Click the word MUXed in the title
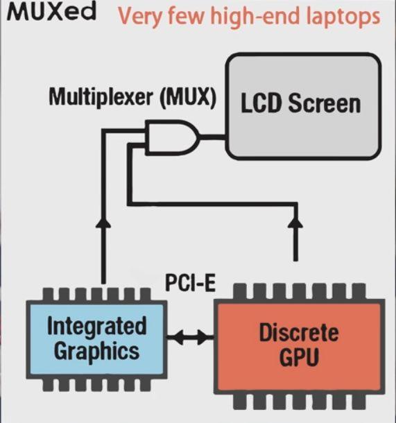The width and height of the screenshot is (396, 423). (x=51, y=12)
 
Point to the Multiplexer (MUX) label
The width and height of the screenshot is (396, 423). (x=132, y=98)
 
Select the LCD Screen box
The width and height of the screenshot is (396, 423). (x=303, y=106)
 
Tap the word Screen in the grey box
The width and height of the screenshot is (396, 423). (x=325, y=103)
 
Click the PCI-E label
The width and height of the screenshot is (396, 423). (x=191, y=282)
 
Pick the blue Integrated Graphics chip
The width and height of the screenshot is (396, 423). (x=96, y=340)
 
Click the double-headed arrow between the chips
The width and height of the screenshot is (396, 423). (x=191, y=337)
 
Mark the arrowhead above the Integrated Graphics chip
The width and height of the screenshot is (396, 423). (x=103, y=221)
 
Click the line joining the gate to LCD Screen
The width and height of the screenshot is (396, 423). (x=213, y=137)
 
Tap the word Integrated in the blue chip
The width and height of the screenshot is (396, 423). (x=97, y=326)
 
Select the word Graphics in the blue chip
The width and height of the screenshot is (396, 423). (x=97, y=352)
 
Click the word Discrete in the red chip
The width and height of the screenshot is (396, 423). (x=299, y=333)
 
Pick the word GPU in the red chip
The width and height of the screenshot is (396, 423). (x=299, y=356)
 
